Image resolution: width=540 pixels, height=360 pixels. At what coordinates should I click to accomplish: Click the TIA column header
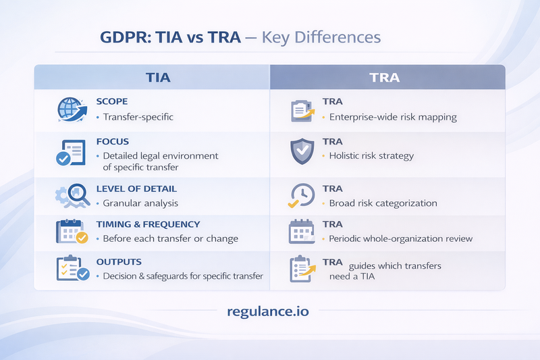(158, 77)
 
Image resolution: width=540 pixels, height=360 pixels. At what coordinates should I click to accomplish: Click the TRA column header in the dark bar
(385, 77)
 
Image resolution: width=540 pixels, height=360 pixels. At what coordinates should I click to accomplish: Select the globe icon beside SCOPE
(71, 110)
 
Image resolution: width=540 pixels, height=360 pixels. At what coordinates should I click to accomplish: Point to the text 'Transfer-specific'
(138, 117)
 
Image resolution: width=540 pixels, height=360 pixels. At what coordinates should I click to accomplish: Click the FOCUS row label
(112, 142)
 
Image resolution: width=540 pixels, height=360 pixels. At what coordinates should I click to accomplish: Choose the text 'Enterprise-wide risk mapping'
(393, 117)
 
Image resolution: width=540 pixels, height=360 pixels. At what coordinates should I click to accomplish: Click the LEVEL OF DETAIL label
(136, 188)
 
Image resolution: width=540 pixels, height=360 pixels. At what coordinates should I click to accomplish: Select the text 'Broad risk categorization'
(383, 203)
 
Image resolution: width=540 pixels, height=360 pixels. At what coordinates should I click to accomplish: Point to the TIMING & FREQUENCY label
(148, 224)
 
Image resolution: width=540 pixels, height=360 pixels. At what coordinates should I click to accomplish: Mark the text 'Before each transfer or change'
(171, 239)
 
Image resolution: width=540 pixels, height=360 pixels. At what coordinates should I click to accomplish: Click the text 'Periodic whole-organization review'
(401, 239)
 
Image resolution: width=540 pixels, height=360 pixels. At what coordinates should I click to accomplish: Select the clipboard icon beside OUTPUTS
(71, 269)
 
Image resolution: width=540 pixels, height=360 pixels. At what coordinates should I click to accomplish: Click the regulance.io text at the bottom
(270, 311)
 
